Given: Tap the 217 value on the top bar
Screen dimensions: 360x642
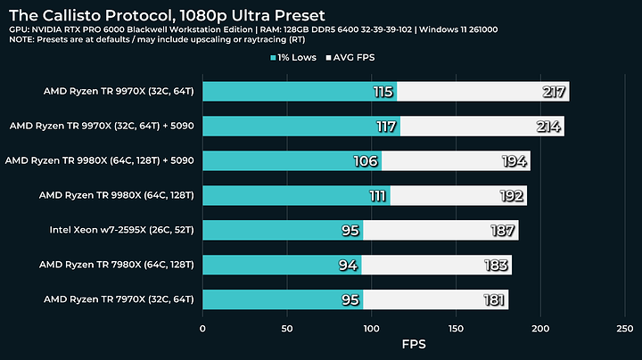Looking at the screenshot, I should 554,92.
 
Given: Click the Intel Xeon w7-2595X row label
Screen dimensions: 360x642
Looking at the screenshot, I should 125,230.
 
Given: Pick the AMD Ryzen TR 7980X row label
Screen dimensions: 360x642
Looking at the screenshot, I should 119,265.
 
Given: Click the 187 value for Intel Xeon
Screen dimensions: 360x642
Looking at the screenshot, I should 503,231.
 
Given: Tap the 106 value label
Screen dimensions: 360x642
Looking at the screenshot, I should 366,161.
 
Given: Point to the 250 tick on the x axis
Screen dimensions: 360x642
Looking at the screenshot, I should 625,328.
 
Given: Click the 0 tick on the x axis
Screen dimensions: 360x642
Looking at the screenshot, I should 203,328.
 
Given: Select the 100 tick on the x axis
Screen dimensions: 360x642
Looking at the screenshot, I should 372,328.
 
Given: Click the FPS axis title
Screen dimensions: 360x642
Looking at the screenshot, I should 414,344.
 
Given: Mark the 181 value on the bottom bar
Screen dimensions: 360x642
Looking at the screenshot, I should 493,299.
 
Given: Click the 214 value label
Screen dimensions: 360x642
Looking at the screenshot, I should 548,127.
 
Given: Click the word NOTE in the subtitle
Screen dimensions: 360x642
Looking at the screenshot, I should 23,40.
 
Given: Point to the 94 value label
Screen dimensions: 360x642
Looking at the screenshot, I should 349,265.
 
